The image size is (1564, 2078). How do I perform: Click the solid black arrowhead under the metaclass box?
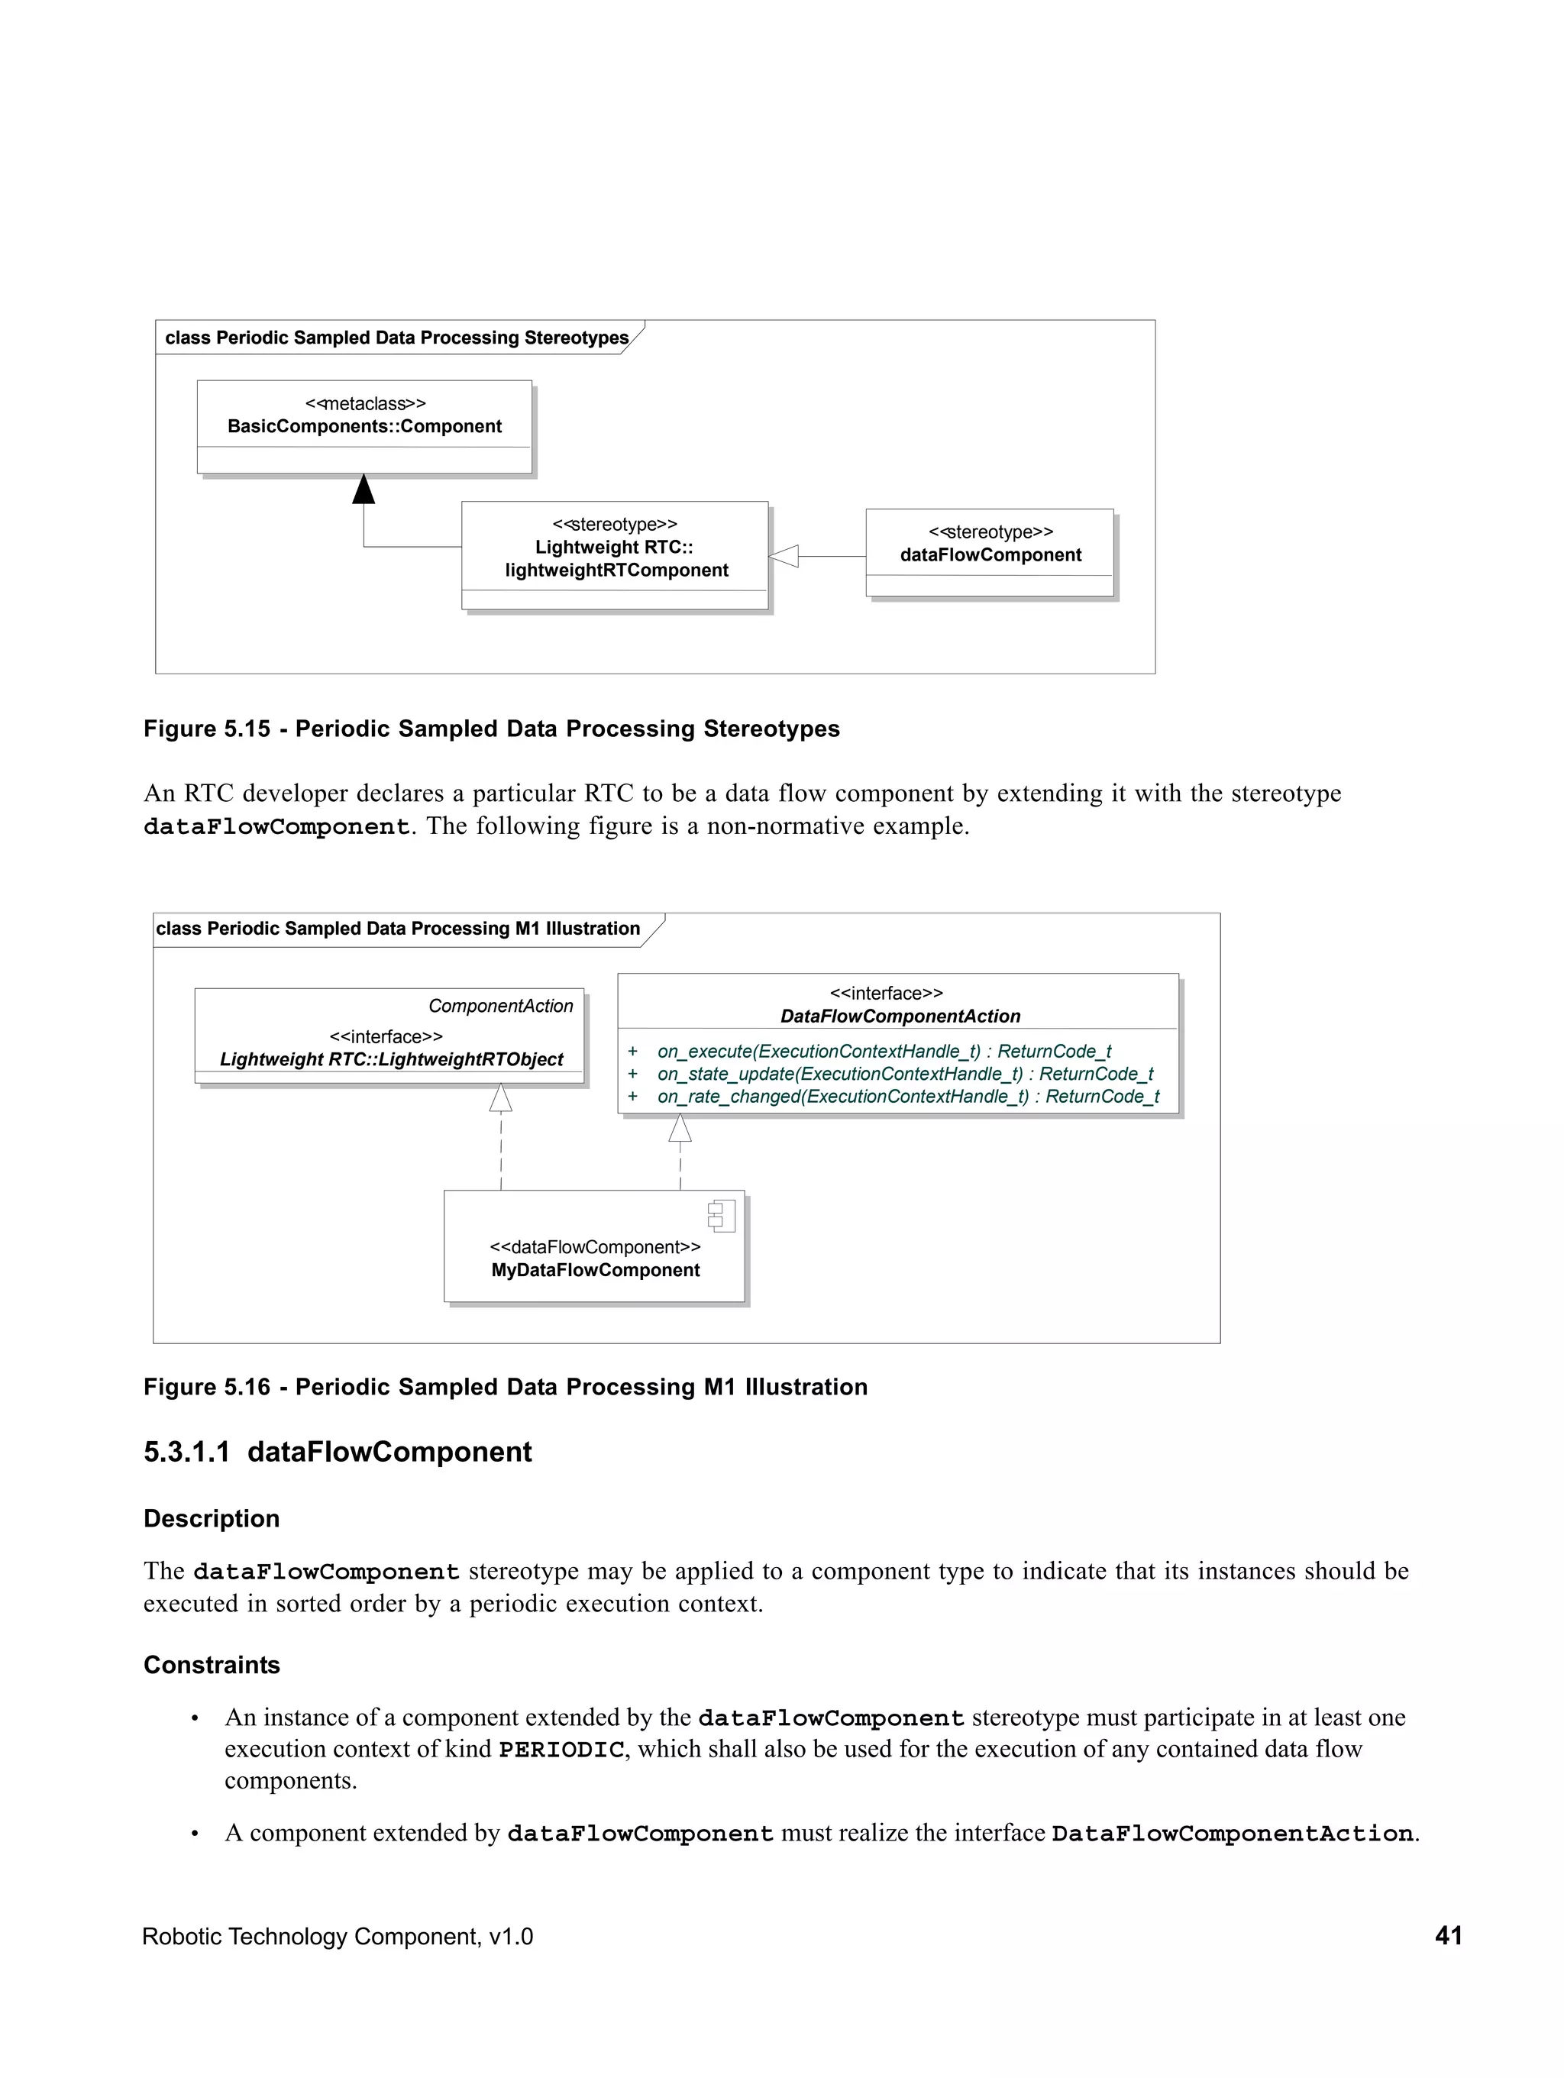[364, 490]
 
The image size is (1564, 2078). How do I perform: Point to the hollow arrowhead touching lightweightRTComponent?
[784, 556]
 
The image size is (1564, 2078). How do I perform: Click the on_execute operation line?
[883, 1051]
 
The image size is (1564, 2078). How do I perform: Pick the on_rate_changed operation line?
[907, 1097]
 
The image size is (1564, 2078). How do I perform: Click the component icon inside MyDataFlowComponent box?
[722, 1217]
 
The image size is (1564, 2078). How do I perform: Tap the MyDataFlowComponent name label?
[596, 1270]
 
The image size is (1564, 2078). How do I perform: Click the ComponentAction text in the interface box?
[501, 1006]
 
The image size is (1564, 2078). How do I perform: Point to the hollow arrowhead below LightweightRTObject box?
[501, 1097]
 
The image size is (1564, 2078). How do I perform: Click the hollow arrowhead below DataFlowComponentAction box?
[680, 1128]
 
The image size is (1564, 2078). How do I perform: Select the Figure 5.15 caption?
[491, 729]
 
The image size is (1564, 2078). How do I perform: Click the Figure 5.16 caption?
[506, 1388]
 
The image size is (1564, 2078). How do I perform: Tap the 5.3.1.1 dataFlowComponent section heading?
[338, 1453]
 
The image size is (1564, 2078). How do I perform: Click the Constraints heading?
[212, 1665]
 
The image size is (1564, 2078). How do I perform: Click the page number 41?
[1447, 1936]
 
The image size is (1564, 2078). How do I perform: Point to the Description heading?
[212, 1519]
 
